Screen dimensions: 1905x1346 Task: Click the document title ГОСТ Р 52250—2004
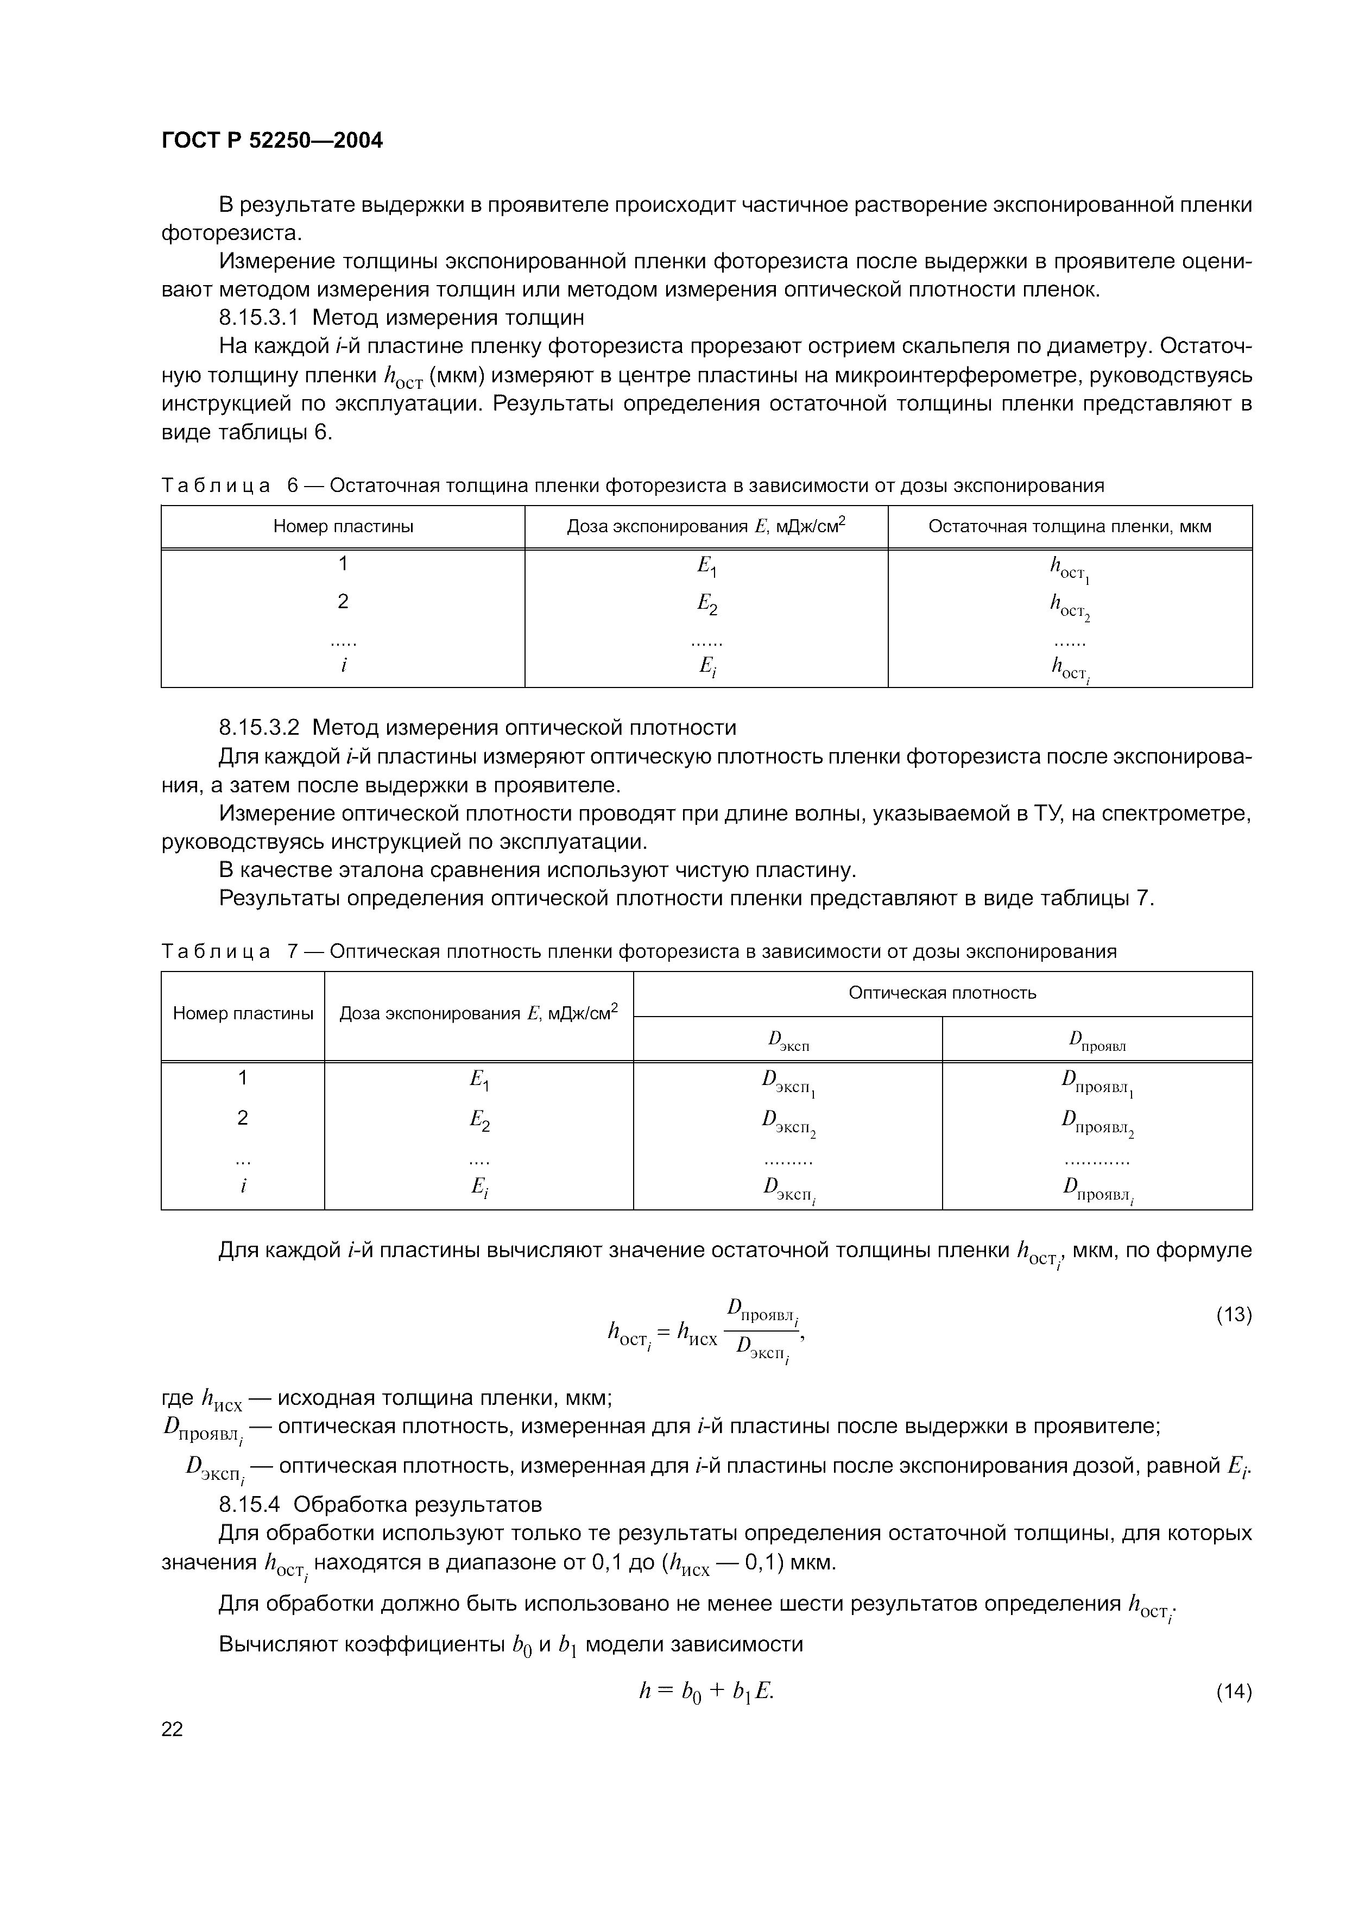pyautogui.click(x=272, y=140)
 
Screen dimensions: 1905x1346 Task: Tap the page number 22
pyautogui.click(x=173, y=1729)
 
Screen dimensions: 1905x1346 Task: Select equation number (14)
pyautogui.click(x=1233, y=1691)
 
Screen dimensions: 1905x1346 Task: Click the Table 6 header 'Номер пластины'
pyautogui.click(x=343, y=526)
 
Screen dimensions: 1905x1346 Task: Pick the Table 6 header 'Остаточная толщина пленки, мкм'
pyautogui.click(x=1069, y=526)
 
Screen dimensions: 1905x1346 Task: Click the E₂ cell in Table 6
pyautogui.click(x=706, y=604)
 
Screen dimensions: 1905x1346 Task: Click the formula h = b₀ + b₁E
pyautogui.click(x=706, y=1691)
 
